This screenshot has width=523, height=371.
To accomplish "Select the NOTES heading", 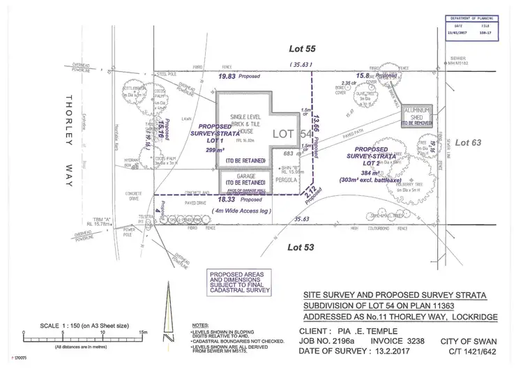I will coord(200,325).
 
